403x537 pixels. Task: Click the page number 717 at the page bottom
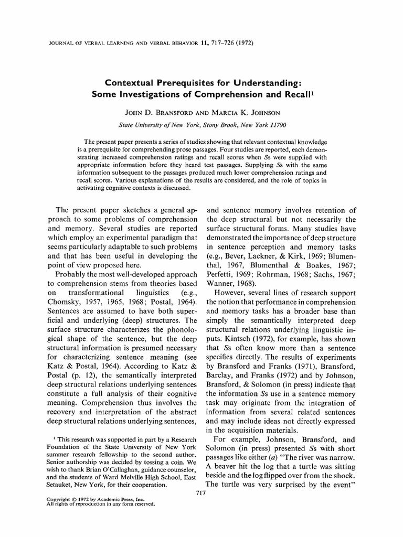click(199, 496)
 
